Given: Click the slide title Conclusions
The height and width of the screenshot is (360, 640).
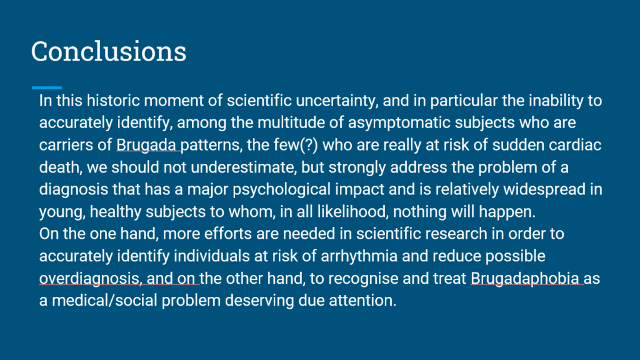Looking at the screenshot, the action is pyautogui.click(x=109, y=51).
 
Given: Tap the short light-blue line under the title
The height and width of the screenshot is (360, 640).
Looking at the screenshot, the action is pyautogui.click(x=46, y=87).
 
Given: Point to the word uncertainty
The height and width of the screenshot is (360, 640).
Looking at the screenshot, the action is pyautogui.click(x=337, y=101).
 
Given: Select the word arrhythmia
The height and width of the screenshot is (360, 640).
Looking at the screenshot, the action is pyautogui.click(x=359, y=256).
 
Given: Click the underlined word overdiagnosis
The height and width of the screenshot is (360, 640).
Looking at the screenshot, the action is pyautogui.click(x=89, y=279).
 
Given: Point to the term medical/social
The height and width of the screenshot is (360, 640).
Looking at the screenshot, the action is pyautogui.click(x=104, y=301).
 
